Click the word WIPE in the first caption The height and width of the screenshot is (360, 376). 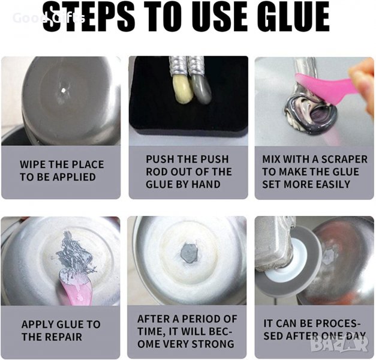[33, 164]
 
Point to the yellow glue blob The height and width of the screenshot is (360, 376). [182, 89]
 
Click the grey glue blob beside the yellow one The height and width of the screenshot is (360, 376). [201, 88]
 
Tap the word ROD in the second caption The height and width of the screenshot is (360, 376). [157, 172]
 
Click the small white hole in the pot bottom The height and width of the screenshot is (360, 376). [64, 90]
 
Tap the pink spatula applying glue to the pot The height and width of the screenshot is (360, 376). [76, 288]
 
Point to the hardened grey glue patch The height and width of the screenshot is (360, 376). [189, 253]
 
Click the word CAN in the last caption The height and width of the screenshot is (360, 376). [287, 323]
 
